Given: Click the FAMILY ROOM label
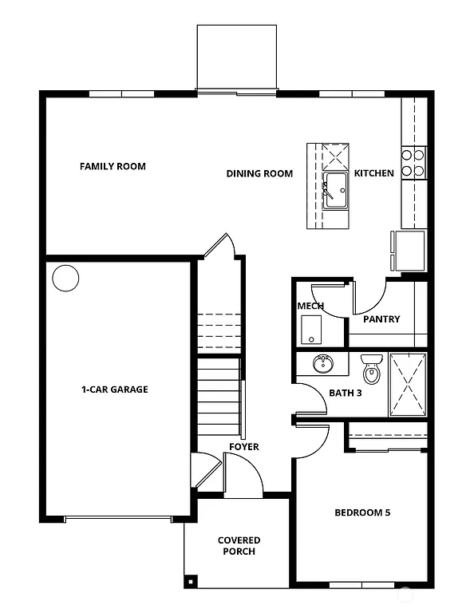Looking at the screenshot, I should [113, 167].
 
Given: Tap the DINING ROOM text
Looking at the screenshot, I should [259, 173].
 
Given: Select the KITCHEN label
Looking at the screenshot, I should [373, 173].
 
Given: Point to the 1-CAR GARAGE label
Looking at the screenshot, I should [114, 390].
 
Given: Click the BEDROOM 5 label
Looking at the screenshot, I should [362, 512].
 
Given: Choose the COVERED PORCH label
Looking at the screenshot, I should [239, 546].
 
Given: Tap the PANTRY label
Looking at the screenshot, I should [381, 319].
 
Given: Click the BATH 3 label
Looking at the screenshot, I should [346, 393].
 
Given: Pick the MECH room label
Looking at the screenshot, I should [310, 306].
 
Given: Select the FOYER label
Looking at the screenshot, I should [243, 447].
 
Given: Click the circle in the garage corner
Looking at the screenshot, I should [65, 279].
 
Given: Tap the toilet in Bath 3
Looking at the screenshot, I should [371, 370].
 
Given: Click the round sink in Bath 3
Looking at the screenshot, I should [323, 365].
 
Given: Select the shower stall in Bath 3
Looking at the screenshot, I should [407, 385].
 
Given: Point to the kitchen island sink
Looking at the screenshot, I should [335, 191].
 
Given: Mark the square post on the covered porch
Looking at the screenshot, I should [190, 581].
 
